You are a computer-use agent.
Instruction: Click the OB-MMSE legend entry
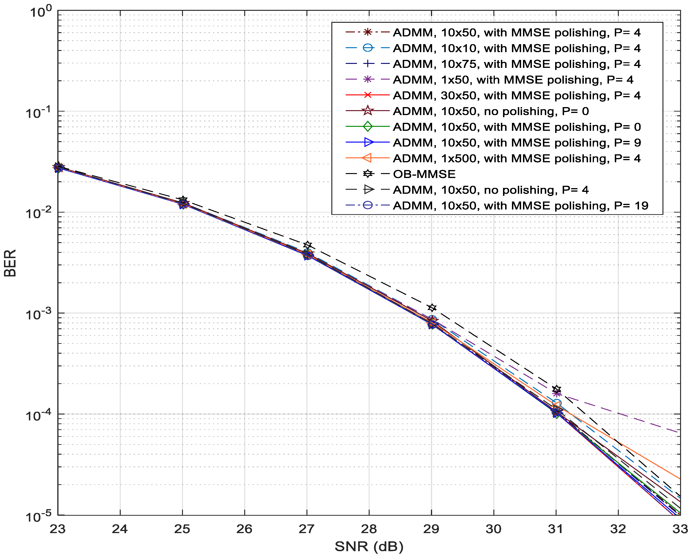(x=424, y=174)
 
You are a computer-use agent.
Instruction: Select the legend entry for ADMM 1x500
(x=517, y=159)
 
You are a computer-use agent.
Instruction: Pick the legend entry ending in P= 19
(x=520, y=206)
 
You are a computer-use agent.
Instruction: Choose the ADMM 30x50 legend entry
(x=517, y=95)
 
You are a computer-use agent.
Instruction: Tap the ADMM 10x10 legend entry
(x=517, y=48)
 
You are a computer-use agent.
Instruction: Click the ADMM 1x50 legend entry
(x=513, y=80)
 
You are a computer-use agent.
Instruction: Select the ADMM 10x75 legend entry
(x=517, y=64)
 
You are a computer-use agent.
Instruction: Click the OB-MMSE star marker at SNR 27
(x=308, y=245)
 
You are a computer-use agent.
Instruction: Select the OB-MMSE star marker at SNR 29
(x=432, y=308)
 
